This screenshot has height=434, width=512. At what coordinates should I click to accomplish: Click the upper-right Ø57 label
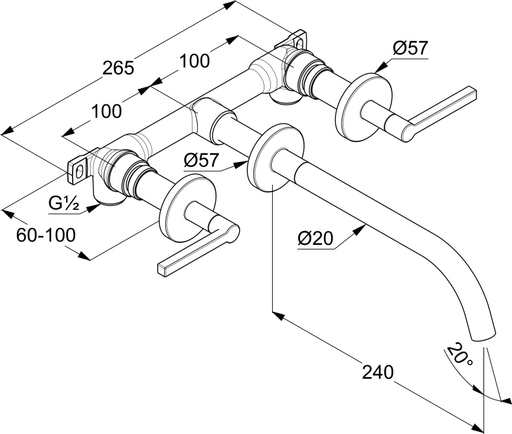coord(411,49)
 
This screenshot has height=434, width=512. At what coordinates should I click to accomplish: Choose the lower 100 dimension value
coord(106,111)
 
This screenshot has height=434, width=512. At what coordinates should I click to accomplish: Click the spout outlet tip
coord(485,334)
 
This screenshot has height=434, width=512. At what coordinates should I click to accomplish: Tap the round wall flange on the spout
coord(275,157)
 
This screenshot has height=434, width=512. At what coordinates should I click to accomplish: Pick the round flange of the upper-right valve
coord(364,106)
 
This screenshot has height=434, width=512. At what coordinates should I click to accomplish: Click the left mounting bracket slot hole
coord(79,170)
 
